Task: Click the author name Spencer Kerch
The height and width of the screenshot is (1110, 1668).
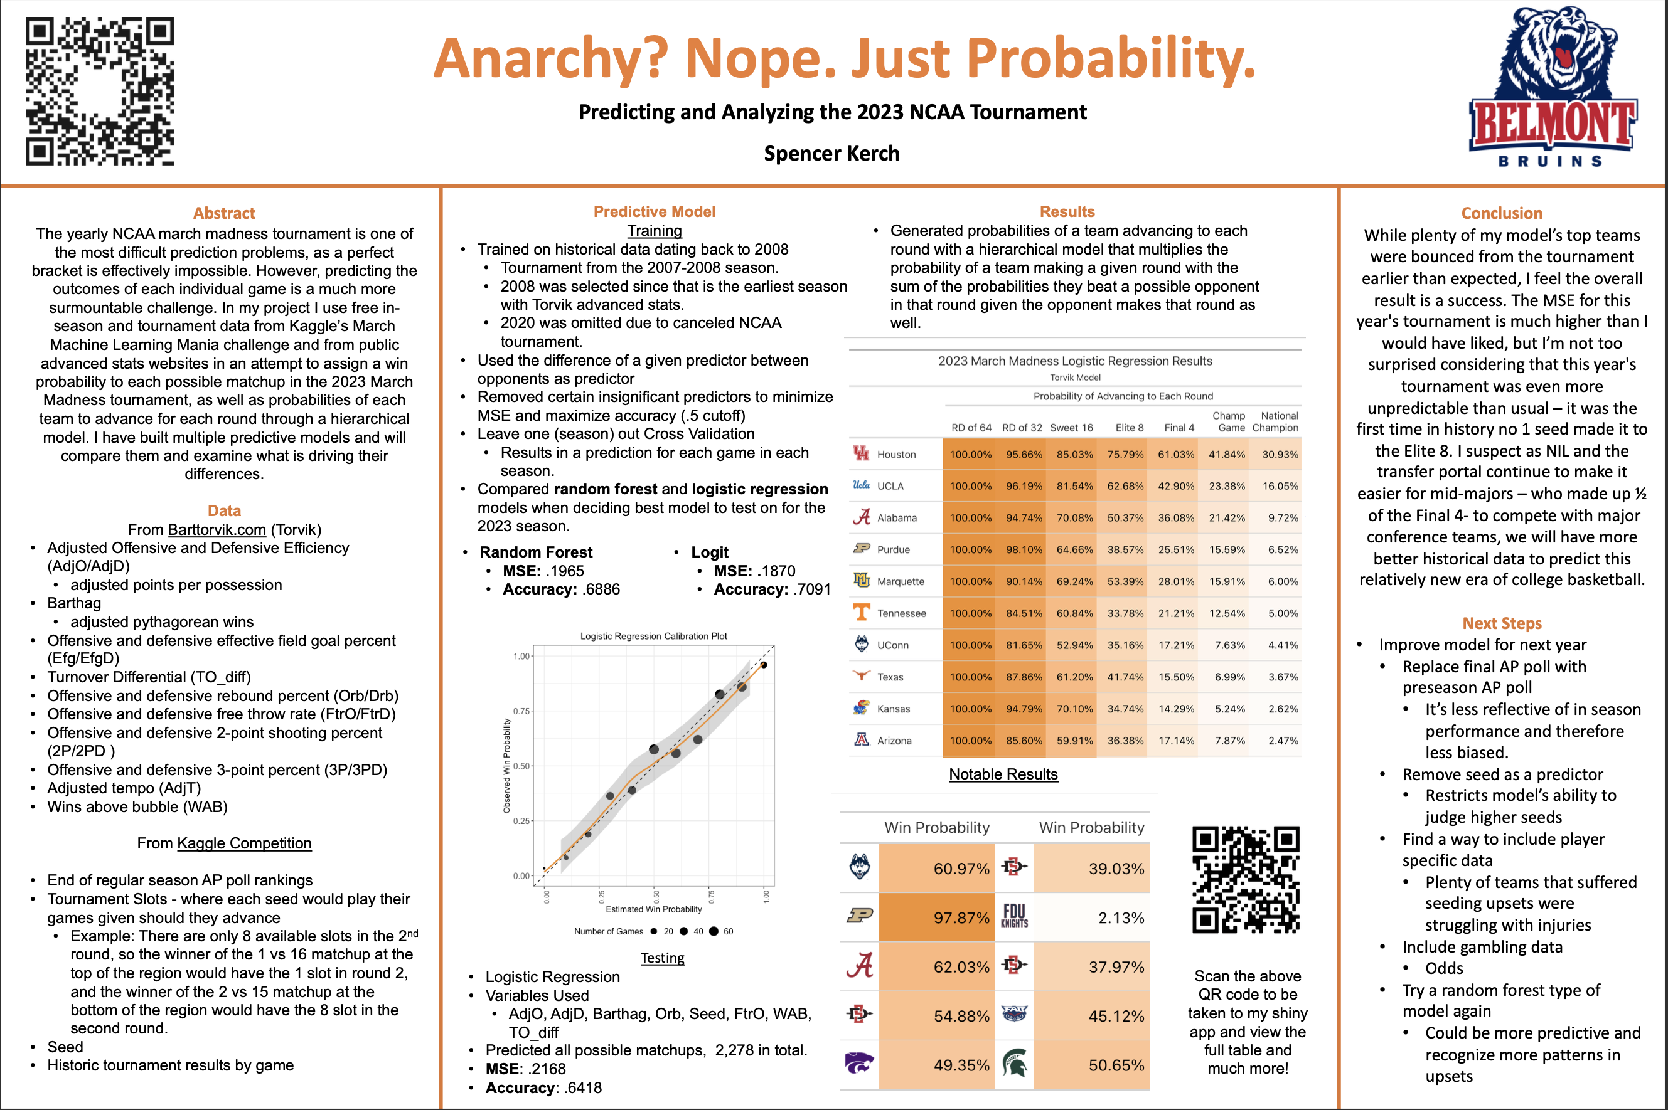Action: [831, 154]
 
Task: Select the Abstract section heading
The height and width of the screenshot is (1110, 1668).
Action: [224, 213]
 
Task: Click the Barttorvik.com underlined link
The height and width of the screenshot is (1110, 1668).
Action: [217, 529]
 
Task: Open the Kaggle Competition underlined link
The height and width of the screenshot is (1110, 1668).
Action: [243, 843]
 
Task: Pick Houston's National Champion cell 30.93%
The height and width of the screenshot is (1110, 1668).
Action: [1280, 455]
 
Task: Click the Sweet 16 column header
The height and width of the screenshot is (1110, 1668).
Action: [1071, 428]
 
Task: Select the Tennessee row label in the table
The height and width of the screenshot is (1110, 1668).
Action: [901, 613]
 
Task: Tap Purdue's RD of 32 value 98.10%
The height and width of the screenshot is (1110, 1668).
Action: [1024, 549]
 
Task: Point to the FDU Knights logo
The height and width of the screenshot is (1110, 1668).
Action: [1013, 916]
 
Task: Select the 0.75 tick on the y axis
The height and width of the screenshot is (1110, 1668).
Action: [521, 711]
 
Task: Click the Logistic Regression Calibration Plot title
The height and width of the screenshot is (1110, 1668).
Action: [653, 636]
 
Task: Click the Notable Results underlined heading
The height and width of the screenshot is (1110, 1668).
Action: [1003, 774]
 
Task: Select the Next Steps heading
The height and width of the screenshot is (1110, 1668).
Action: [1502, 623]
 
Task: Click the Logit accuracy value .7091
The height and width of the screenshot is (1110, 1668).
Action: [807, 589]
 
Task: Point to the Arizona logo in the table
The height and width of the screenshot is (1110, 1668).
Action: [861, 740]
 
